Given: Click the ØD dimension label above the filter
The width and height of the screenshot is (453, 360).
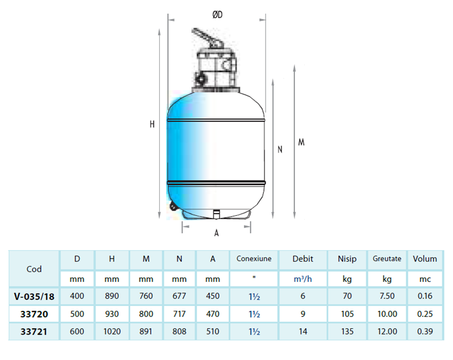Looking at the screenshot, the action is pos(217,15).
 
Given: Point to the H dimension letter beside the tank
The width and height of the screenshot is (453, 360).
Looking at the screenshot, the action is pos(152,124).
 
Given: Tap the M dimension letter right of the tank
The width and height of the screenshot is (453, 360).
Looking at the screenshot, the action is pos(301,142).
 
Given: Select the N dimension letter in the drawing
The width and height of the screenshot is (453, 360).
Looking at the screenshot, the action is pos(280,149).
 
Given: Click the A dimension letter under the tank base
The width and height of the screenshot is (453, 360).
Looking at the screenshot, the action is pos(216,233).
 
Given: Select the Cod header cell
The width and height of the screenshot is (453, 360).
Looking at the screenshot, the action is pos(34,269).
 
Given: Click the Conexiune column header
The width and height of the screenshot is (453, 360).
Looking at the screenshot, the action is pos(254,259).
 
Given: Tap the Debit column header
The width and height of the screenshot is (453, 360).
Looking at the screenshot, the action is pos(303,259).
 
